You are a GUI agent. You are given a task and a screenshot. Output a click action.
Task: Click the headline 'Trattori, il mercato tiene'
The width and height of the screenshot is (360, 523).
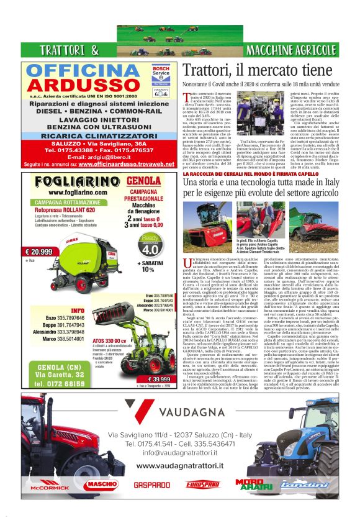[258, 70]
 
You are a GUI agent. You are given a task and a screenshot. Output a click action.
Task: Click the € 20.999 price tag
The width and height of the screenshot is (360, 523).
[38, 252]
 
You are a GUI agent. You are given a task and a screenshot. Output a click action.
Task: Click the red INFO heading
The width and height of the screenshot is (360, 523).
[79, 310]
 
